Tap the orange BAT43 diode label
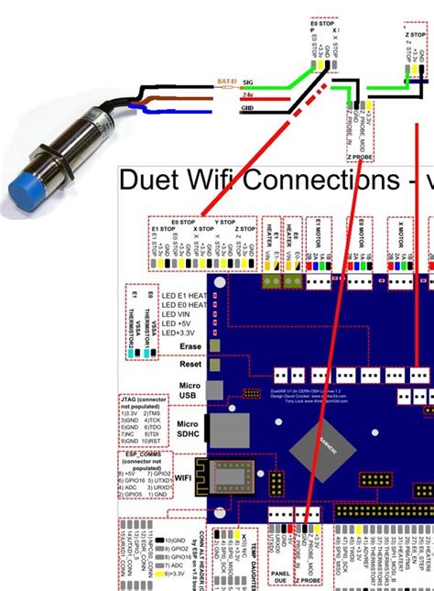pyautogui.click(x=225, y=80)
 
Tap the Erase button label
pyautogui.click(x=190, y=346)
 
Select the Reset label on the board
pyautogui.click(x=190, y=364)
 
